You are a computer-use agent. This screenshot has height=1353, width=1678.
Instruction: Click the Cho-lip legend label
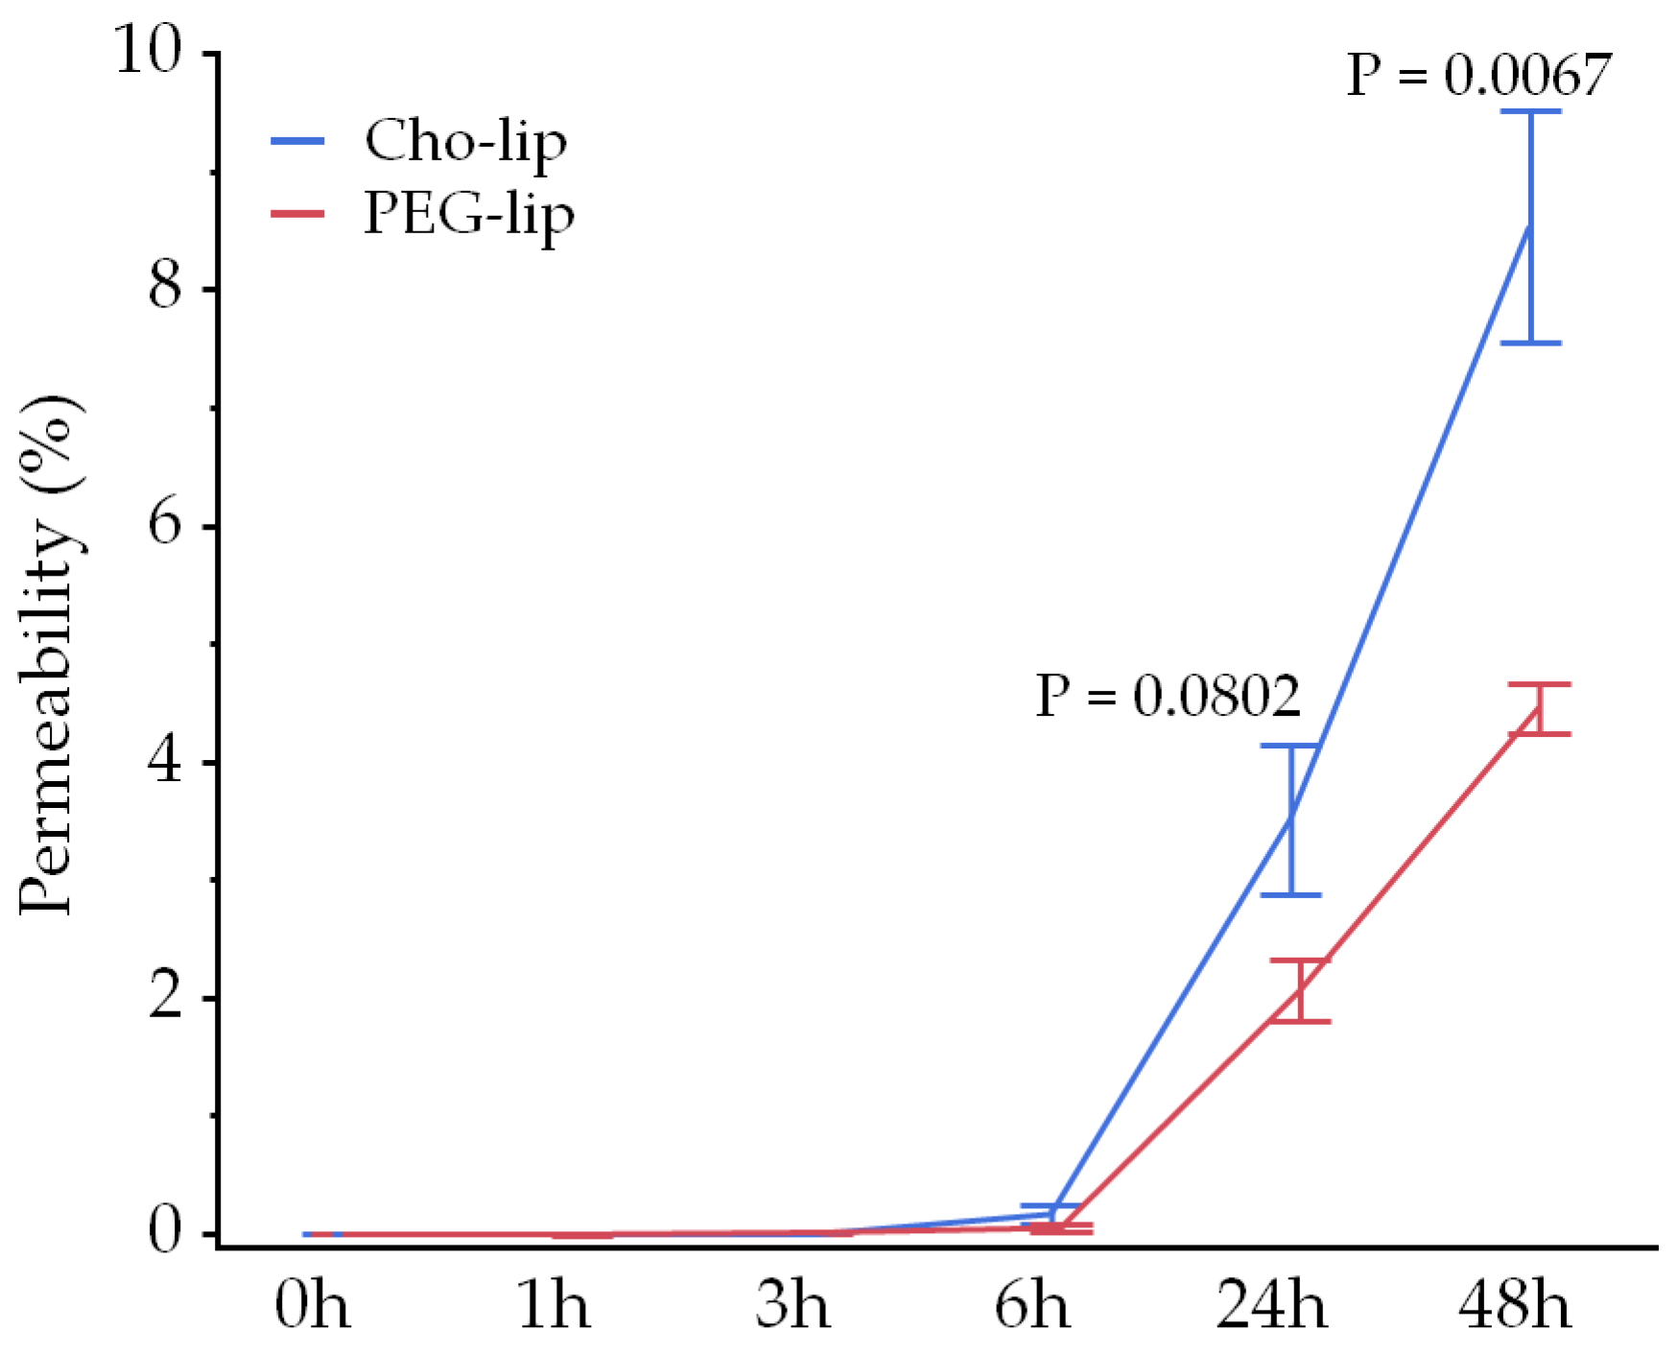(465, 142)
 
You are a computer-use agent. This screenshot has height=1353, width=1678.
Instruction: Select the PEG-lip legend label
(469, 214)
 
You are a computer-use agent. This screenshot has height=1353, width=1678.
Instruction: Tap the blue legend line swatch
(297, 141)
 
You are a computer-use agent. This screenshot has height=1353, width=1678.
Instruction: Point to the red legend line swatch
(297, 213)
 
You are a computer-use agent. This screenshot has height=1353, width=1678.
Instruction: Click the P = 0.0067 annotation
(1478, 75)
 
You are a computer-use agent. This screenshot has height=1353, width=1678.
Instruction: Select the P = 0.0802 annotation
(1168, 696)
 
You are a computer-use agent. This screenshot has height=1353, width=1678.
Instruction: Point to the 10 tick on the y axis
(148, 50)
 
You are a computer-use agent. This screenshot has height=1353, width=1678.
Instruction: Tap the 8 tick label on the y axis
(165, 287)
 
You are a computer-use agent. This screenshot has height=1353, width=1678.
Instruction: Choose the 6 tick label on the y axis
(165, 524)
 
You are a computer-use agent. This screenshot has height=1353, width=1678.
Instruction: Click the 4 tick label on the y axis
(165, 761)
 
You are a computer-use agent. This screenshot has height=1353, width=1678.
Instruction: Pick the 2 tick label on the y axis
(165, 997)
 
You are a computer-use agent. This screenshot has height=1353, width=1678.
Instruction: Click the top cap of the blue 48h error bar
(1530, 111)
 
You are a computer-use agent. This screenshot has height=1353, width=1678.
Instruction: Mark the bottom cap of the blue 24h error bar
(1290, 894)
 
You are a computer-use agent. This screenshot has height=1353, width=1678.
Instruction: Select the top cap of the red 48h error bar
(1539, 684)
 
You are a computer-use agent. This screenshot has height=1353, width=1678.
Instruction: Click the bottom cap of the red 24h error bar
(1299, 1021)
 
